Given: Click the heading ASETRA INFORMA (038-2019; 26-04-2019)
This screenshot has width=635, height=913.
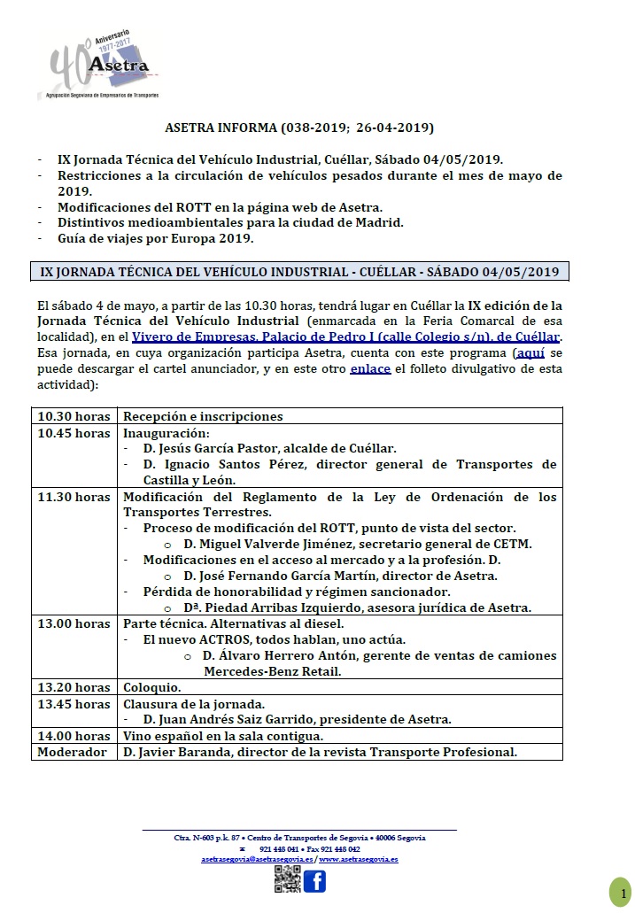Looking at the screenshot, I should tap(299, 128).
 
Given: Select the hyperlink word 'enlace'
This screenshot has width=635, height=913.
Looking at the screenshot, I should tap(370, 368).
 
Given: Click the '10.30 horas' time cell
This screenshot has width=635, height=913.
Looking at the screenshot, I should tap(74, 416).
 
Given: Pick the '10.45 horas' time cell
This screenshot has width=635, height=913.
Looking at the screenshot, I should tap(74, 433).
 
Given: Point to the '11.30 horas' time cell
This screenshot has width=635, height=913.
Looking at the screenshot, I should tap(74, 497).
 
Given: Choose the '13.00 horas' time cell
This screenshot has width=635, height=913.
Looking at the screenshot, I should tap(74, 624).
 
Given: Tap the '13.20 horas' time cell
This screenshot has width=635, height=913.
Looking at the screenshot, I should tap(74, 687).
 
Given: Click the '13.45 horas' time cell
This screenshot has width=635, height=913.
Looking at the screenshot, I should tap(74, 704).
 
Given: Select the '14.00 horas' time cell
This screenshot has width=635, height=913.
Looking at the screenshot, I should tap(74, 736).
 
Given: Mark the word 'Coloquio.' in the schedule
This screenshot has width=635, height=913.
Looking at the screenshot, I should tap(152, 687).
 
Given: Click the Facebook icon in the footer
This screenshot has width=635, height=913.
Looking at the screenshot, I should tap(314, 880).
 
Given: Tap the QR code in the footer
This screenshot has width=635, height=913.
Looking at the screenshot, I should tap(287, 880).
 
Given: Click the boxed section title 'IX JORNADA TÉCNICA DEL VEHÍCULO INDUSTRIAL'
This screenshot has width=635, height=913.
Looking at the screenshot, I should tap(299, 272).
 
